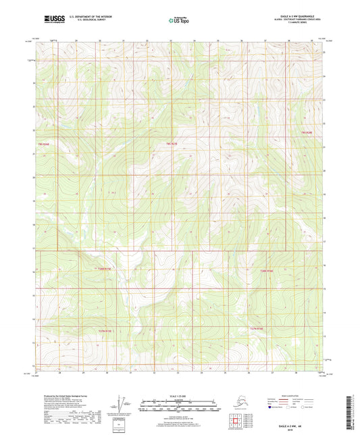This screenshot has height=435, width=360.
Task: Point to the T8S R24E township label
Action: [x=43, y=144]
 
